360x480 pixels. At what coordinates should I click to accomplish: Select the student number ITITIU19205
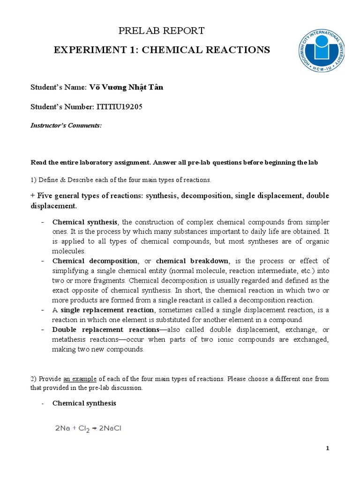(119, 107)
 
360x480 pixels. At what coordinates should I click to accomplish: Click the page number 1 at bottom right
(328, 449)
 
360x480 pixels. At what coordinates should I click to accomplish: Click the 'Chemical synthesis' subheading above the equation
(84, 403)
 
